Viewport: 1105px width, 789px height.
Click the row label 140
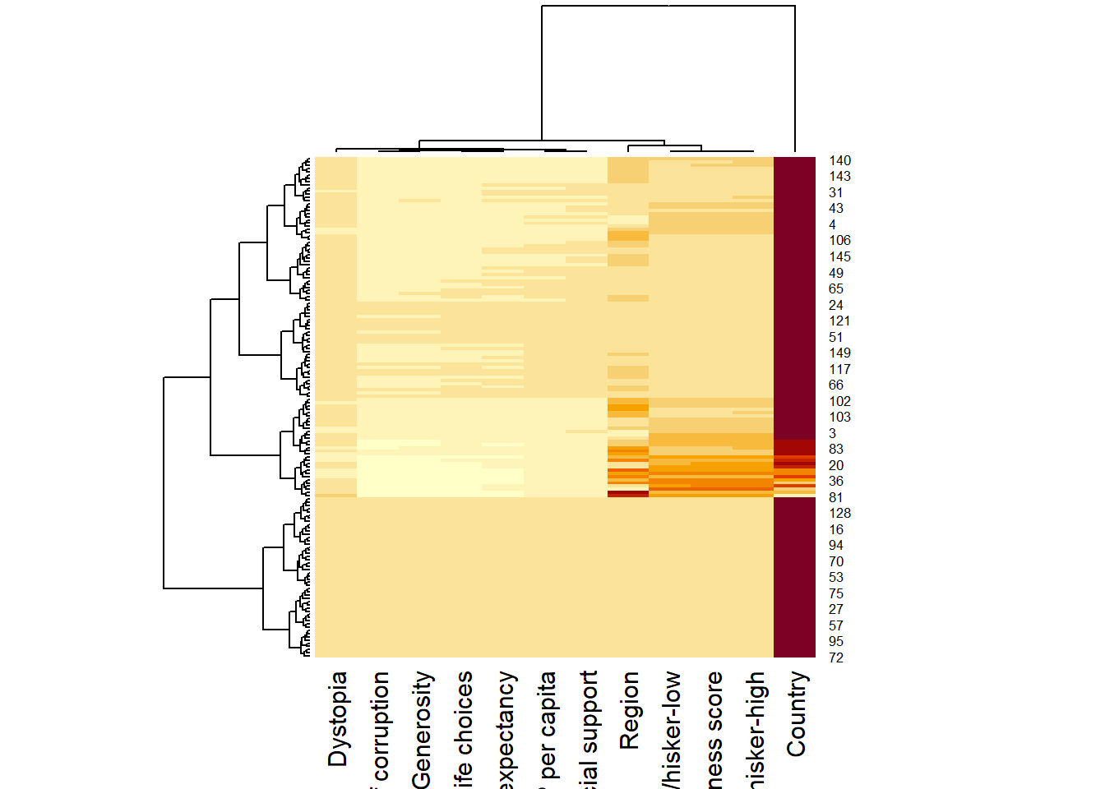pos(839,161)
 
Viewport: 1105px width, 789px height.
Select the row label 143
pos(839,177)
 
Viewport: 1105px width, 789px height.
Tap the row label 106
pos(839,241)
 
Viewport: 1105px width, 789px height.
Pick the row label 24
pos(836,305)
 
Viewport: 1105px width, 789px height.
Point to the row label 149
pos(839,353)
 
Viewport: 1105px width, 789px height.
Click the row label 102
pos(839,401)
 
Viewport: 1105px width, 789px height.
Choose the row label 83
pos(836,450)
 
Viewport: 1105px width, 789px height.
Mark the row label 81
pos(836,497)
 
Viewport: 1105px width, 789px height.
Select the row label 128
pos(839,514)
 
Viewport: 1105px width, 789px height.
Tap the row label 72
pos(836,657)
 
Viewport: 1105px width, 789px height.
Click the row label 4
pos(832,225)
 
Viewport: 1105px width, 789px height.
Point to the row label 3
pos(832,433)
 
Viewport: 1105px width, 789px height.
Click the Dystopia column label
pos(337,719)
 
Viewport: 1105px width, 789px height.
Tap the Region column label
pos(629,711)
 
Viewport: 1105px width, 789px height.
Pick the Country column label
pos(796,714)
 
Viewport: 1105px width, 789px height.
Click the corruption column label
pos(380,727)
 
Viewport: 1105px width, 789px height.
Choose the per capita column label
pos(546,727)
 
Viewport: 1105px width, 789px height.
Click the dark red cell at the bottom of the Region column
pos(628,494)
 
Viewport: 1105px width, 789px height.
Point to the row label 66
pos(836,385)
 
